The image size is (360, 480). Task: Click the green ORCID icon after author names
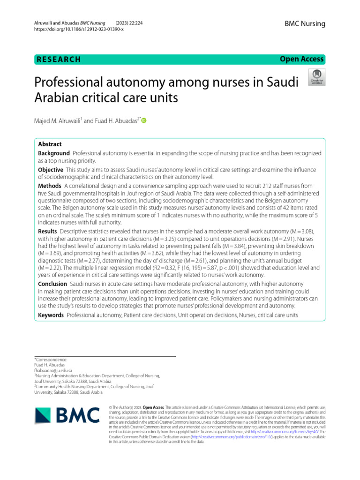click(143, 121)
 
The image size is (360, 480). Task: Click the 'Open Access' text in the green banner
click(301, 59)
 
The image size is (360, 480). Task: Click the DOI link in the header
click(79, 29)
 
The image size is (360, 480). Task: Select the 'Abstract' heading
click(50, 144)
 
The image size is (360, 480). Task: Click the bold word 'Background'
click(54, 153)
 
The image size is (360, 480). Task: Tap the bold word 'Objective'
click(51, 169)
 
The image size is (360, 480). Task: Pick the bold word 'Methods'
click(49, 186)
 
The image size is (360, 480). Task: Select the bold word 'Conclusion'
click(52, 284)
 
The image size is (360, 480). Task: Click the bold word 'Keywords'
click(51, 315)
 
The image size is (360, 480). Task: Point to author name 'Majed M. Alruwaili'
click(58, 121)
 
